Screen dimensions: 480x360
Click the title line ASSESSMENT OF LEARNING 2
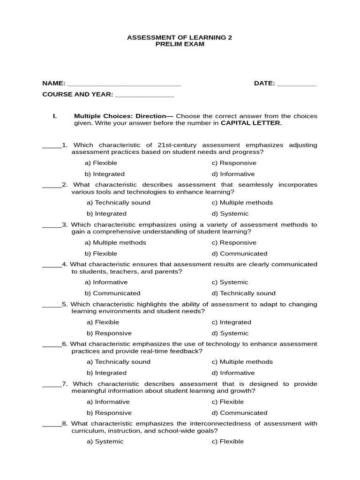180,37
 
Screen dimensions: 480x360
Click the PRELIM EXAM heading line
180,44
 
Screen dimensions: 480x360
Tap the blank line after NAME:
124,84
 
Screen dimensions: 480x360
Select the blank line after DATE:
297,84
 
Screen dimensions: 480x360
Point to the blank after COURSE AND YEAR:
144,95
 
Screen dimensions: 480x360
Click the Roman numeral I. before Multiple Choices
55,116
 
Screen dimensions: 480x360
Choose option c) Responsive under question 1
234,163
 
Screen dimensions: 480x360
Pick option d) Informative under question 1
233,174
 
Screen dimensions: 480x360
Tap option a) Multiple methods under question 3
115,243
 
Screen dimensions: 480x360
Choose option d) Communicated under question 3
239,254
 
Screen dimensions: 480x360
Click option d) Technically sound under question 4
243,293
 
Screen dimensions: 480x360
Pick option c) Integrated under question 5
231,322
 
